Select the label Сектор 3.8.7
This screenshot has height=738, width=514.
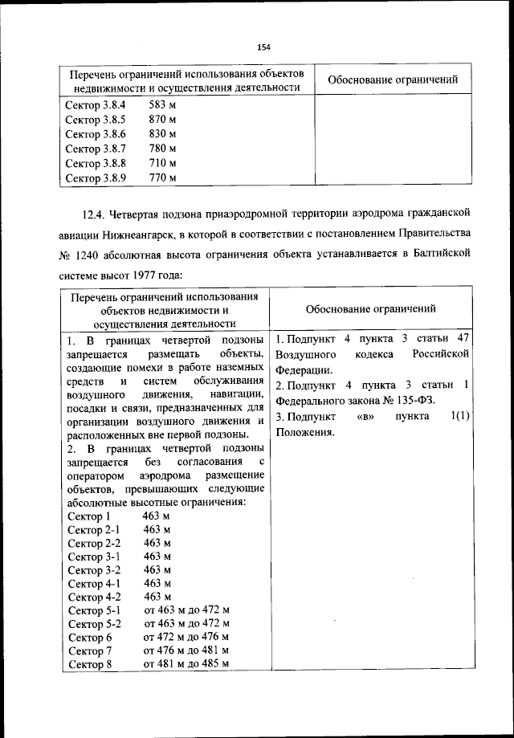(x=96, y=149)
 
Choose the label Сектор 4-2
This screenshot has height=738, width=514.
(x=95, y=597)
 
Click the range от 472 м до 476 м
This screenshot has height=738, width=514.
(x=186, y=637)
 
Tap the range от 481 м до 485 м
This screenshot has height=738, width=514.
(x=186, y=664)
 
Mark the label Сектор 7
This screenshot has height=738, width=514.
(x=89, y=650)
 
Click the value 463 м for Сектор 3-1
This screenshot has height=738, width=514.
(x=157, y=556)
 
